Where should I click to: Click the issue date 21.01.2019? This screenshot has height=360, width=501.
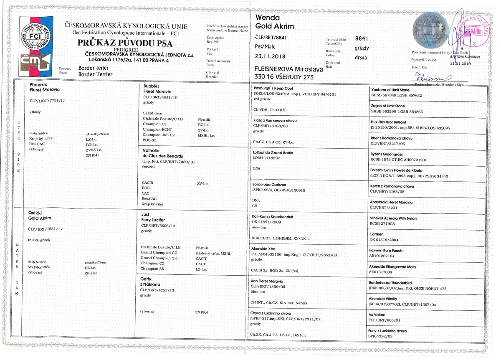pyautogui.click(x=461, y=63)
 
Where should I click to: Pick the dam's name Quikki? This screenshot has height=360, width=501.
pyautogui.click(x=36, y=213)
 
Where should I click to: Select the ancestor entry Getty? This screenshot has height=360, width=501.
pyautogui.click(x=148, y=279)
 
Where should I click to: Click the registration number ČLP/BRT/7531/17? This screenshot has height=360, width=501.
pyautogui.click(x=46, y=229)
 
